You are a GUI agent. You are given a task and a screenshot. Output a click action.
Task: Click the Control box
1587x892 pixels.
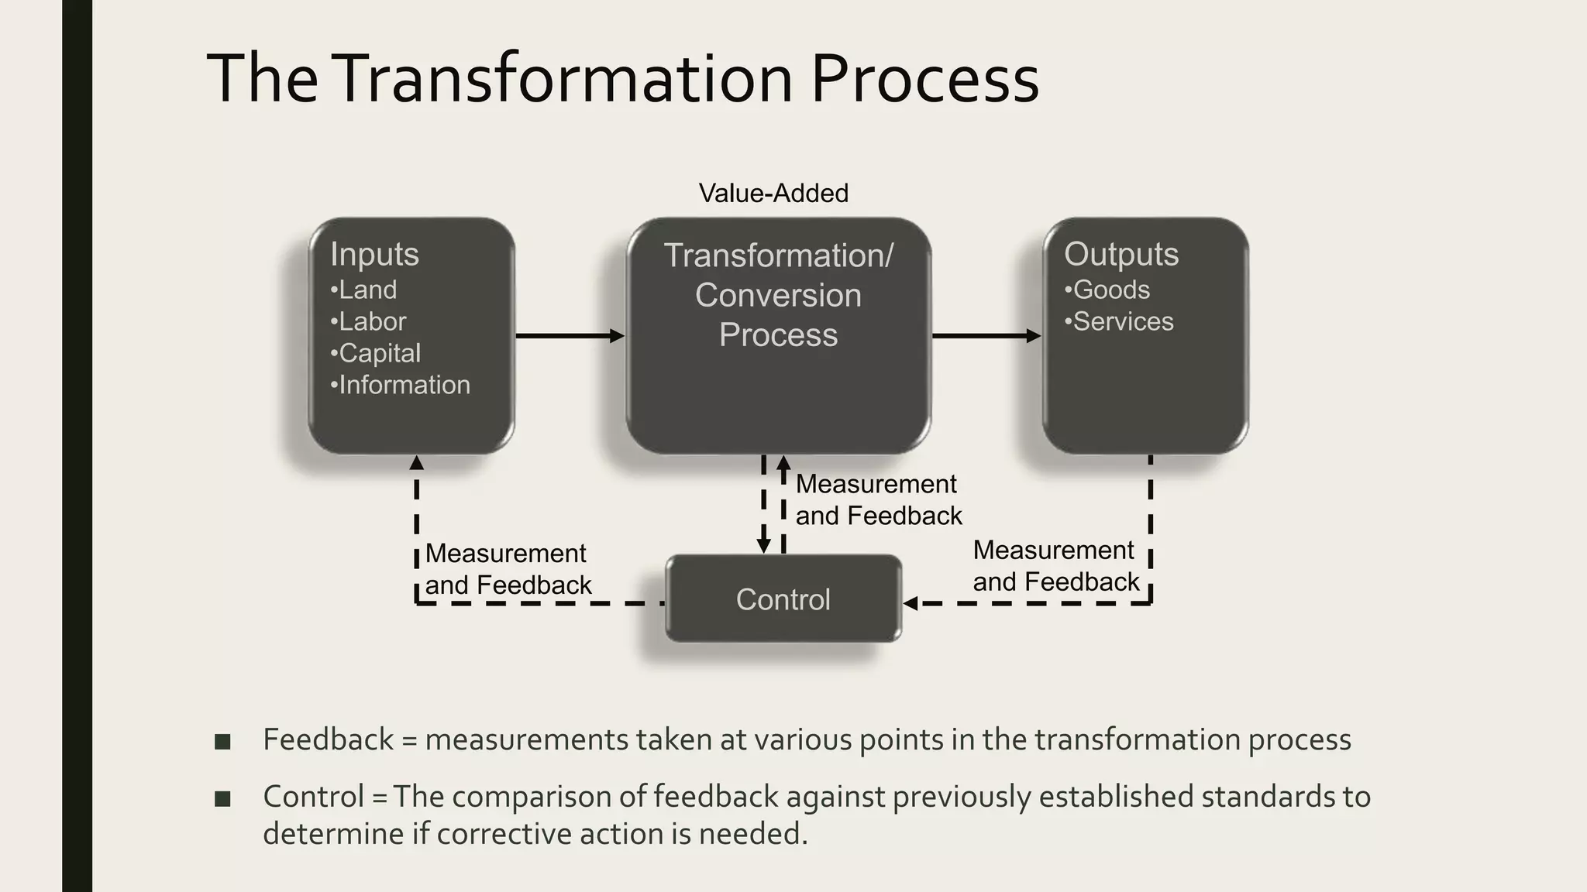(783, 599)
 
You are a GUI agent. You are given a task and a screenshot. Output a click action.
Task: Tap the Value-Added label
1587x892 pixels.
(773, 193)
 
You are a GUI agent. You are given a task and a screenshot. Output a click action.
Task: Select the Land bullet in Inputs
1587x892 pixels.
(363, 290)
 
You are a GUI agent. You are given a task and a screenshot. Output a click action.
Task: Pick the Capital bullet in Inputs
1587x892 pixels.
(376, 353)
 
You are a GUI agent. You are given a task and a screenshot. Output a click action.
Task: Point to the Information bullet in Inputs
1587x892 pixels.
(400, 385)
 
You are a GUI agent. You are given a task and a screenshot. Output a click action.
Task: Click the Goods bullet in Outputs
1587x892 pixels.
(1107, 290)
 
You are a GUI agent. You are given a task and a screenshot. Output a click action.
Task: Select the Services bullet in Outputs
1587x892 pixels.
(1119, 321)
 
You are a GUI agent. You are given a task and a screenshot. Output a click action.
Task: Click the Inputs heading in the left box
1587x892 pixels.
(374, 254)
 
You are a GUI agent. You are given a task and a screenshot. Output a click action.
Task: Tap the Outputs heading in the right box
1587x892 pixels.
(1121, 254)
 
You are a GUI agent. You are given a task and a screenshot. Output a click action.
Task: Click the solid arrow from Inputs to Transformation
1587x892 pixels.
(570, 335)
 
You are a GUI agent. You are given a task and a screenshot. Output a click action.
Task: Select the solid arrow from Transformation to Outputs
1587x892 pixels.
(986, 335)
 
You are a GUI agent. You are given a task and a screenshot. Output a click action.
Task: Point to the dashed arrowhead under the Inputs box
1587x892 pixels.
(416, 463)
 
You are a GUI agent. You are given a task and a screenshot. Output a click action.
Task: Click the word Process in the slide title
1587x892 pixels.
(924, 79)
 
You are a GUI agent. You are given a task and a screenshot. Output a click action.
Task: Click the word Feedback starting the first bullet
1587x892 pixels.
(329, 739)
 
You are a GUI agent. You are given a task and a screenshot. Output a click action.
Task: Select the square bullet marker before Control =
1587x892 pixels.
(223, 798)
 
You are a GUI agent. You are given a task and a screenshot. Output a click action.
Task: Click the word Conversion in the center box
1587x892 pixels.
(778, 295)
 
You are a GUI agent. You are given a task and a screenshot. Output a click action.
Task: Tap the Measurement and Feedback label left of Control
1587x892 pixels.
(508, 569)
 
